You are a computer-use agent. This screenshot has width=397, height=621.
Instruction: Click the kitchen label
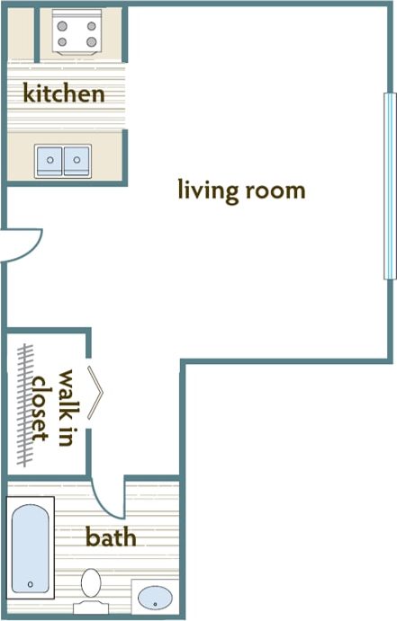(x=63, y=93)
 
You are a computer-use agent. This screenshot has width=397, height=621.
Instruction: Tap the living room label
(x=241, y=191)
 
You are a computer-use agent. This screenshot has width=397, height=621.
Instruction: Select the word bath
(x=111, y=537)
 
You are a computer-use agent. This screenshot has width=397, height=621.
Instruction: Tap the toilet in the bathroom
(x=91, y=587)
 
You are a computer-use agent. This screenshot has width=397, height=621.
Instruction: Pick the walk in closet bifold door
(x=96, y=393)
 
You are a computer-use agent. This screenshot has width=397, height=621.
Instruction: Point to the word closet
(x=39, y=409)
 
